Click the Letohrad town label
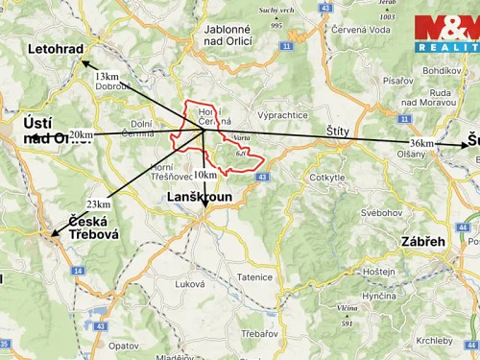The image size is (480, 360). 57,48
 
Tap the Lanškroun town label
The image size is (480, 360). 201,196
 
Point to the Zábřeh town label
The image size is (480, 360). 423,241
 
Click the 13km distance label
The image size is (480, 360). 108,76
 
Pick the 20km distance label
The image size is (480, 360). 82,135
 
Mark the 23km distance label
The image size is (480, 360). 98,204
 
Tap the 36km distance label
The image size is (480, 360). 421,143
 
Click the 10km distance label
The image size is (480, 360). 204,176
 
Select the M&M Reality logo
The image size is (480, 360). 445,34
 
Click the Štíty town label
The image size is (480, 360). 338,130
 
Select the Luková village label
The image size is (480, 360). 190,284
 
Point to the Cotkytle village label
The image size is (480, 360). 327,178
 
